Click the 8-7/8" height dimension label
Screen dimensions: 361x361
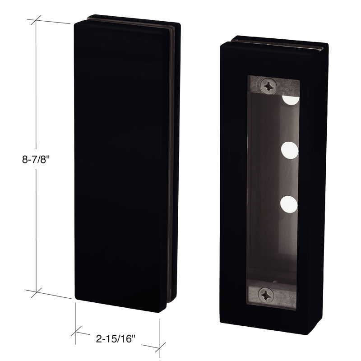point(36,159)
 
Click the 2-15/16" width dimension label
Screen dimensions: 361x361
point(116,339)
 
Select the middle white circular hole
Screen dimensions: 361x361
point(290,150)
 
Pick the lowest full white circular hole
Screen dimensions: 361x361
point(289,204)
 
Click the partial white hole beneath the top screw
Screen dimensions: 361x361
point(291,100)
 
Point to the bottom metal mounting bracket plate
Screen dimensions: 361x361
point(271,295)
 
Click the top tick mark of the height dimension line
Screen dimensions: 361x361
point(36,20)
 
